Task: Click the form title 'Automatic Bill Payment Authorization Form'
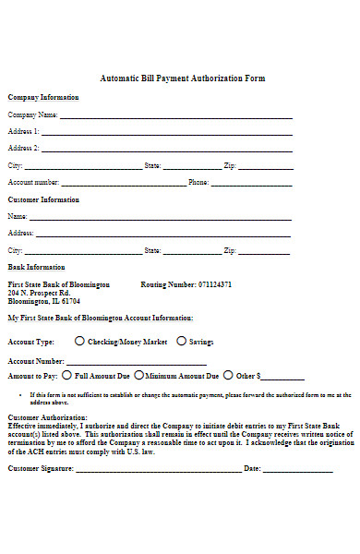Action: [x=182, y=78]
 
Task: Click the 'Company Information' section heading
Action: [x=43, y=97]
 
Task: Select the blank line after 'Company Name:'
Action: [x=175, y=117]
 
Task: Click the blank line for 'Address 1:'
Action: [x=166, y=134]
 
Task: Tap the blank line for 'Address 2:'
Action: [x=166, y=150]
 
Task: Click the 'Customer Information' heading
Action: [x=43, y=199]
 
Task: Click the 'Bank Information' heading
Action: [x=36, y=267]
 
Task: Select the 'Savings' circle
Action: [x=181, y=341]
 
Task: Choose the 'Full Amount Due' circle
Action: [x=67, y=376]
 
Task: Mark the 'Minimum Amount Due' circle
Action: [x=138, y=376]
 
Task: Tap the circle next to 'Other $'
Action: [x=229, y=376]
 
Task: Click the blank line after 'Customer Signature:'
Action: [x=158, y=470]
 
